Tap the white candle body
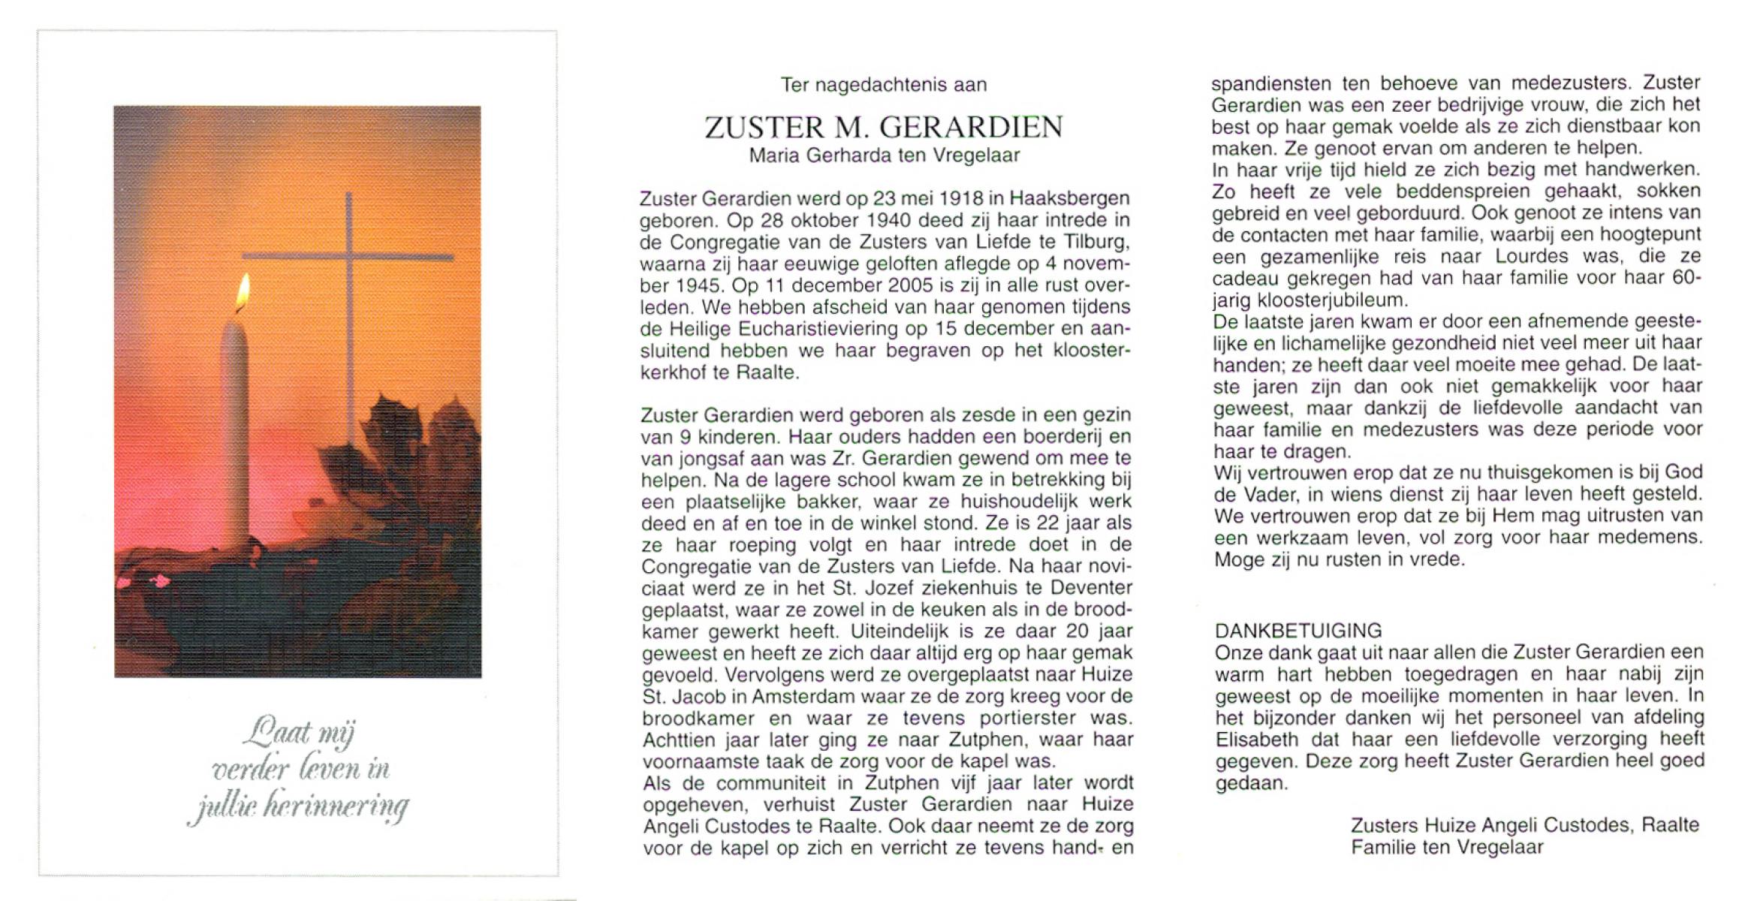[234, 428]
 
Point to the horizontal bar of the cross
[348, 258]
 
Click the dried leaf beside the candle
[409, 466]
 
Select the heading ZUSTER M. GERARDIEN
[884, 128]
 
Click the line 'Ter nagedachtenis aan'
[884, 85]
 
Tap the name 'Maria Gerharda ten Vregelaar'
[885, 155]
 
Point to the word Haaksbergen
[1069, 199]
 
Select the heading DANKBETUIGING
[1298, 631]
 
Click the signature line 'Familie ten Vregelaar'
[1447, 848]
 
